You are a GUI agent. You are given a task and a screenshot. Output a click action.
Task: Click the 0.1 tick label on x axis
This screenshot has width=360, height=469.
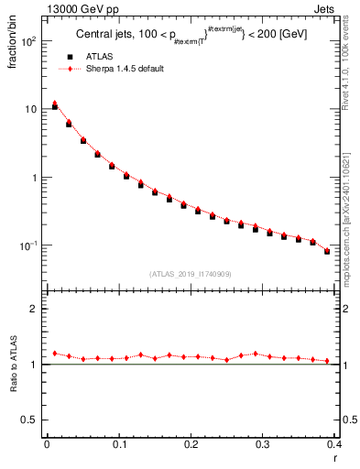[x=118, y=446]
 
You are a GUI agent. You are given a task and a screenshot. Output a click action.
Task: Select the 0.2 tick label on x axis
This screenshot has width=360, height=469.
[x=191, y=446]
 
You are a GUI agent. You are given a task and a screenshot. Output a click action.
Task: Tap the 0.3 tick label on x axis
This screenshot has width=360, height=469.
[x=263, y=446]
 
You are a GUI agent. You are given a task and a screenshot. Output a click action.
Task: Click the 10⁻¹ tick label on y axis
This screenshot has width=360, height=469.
[x=28, y=245]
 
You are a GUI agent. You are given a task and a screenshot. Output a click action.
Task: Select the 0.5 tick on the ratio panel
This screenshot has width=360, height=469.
[x=30, y=420]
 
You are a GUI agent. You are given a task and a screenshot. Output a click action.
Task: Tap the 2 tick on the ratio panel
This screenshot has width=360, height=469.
[x=35, y=310]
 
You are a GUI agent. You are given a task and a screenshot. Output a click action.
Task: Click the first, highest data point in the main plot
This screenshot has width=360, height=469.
[x=55, y=105]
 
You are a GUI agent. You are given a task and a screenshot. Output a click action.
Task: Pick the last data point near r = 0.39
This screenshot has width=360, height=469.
[x=327, y=250]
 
